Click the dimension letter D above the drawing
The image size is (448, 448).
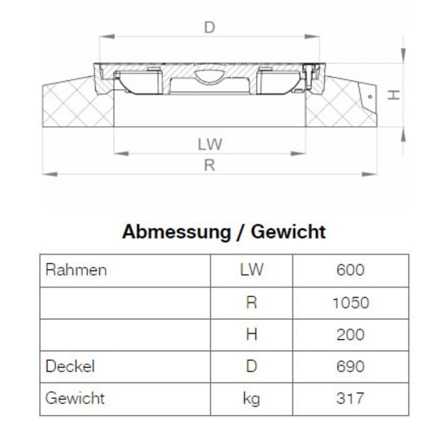(210, 28)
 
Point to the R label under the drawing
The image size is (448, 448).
(210, 166)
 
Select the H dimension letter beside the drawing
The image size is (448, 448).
(396, 95)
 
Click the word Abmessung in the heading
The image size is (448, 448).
(176, 231)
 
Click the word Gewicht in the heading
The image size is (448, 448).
(288, 231)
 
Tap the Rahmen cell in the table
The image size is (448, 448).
(76, 270)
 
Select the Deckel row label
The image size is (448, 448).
(70, 367)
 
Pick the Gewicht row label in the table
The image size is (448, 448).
(75, 398)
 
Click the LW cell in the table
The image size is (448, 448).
(252, 270)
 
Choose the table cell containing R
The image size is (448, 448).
(252, 302)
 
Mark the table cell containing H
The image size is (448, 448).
(252, 335)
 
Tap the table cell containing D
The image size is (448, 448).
(252, 367)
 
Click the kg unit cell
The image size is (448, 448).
(252, 399)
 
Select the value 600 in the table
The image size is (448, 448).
(350, 270)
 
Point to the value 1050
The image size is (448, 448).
(350, 302)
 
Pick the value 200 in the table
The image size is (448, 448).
(350, 335)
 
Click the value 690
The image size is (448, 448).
(350, 367)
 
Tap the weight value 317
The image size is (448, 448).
(350, 399)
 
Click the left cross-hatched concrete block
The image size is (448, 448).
(75, 105)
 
